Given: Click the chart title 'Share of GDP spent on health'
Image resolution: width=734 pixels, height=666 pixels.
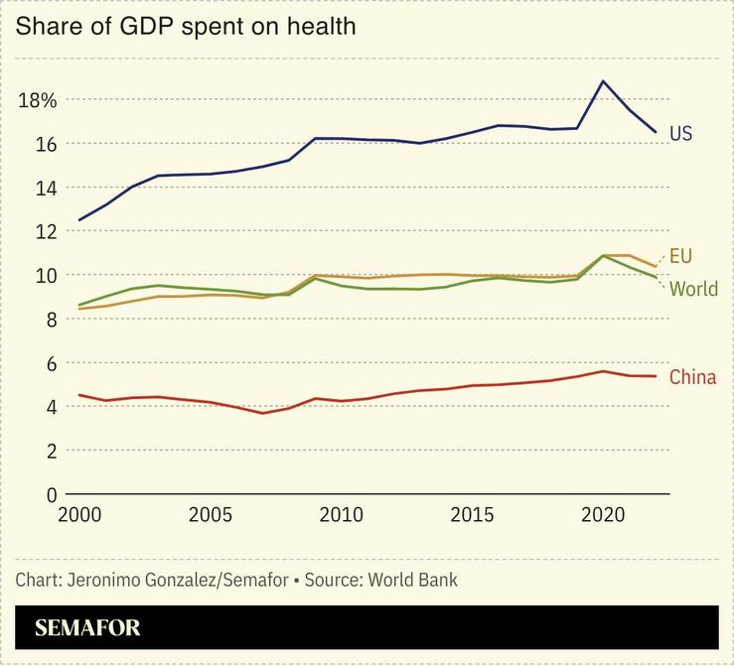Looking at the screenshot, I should (x=185, y=27).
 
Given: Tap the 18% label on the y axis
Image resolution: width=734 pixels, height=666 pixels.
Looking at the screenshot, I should (x=37, y=100).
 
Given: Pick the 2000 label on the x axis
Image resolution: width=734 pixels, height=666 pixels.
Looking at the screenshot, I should (x=78, y=516).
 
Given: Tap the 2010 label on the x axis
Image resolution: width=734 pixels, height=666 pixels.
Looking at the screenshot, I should (x=341, y=516).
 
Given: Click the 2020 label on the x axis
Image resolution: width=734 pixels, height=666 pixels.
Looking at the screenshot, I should (x=602, y=516).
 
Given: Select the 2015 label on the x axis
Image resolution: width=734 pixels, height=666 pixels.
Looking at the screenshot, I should (x=471, y=516).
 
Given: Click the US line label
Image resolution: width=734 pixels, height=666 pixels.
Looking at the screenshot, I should (x=680, y=133).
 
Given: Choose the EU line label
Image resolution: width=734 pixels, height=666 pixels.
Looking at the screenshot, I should (x=680, y=256).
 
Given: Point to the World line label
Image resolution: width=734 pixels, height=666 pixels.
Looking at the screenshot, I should (x=693, y=290).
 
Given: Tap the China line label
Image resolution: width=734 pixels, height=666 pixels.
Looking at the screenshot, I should (x=692, y=377).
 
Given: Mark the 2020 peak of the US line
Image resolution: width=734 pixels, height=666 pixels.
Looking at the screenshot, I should (x=602, y=80).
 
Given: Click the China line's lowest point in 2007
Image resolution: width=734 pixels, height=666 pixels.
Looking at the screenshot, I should (x=262, y=413).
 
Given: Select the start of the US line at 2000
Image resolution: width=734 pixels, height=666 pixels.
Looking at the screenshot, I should (x=79, y=220).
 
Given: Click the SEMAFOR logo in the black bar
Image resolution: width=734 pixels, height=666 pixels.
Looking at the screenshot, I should (x=87, y=628).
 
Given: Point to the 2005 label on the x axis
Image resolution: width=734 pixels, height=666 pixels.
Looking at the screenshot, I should (x=210, y=516).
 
